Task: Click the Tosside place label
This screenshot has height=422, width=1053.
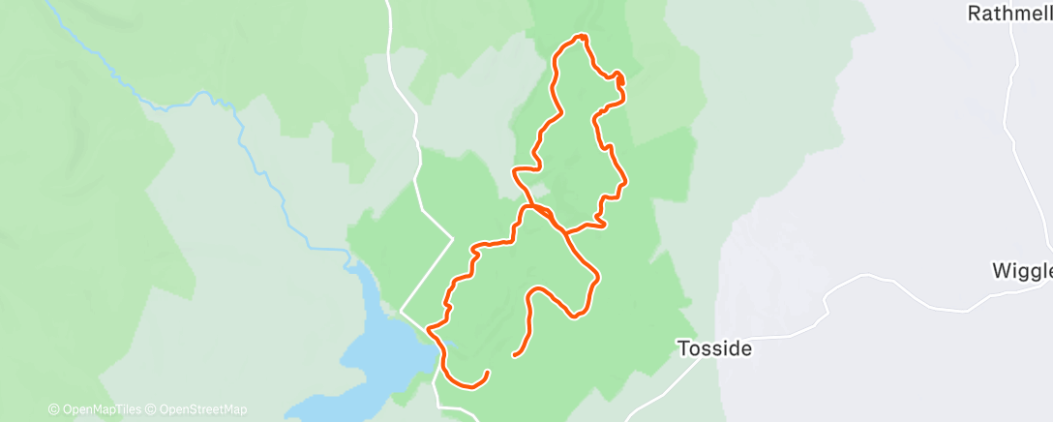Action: click(714, 348)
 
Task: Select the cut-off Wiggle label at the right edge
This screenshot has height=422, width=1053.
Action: click(1022, 270)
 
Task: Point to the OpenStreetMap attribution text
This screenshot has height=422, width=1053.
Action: click(202, 409)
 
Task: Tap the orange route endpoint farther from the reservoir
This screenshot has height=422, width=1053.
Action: click(513, 355)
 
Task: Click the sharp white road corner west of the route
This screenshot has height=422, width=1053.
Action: click(453, 237)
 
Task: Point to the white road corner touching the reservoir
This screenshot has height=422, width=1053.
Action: click(402, 312)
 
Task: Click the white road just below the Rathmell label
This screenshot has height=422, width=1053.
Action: click(1012, 58)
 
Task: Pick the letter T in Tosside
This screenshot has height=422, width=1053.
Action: click(682, 348)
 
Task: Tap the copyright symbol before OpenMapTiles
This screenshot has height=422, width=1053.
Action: click(54, 409)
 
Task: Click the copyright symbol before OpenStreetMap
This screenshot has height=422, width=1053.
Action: click(151, 409)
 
